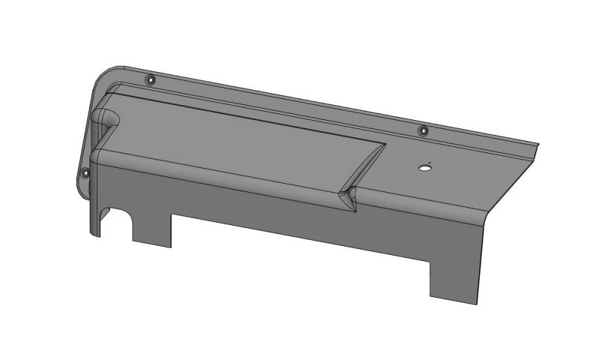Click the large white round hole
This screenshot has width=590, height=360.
click(x=425, y=168)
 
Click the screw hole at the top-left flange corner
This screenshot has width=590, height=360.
click(x=151, y=80)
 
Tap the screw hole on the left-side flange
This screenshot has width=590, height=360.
click(x=85, y=173)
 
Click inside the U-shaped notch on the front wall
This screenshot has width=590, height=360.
click(x=122, y=227)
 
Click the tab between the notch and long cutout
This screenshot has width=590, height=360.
click(x=152, y=230)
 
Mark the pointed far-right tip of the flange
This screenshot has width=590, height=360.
click(x=538, y=144)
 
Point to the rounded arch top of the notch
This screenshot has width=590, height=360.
click(x=122, y=214)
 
